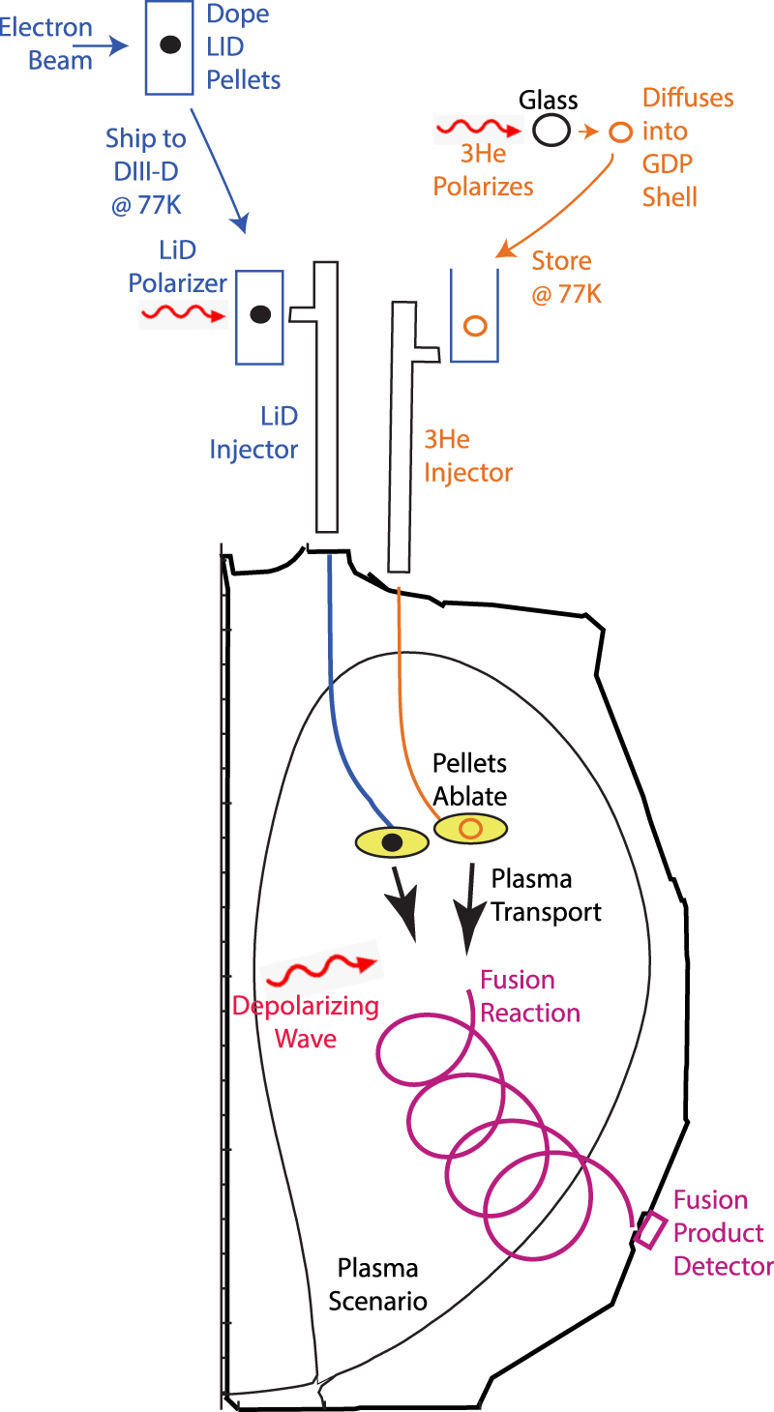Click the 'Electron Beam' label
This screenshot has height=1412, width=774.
pyautogui.click(x=46, y=44)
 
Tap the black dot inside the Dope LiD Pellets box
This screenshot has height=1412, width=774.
pyautogui.click(x=169, y=44)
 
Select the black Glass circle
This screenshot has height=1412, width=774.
pyautogui.click(x=551, y=129)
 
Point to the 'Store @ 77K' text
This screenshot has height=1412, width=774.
pyautogui.click(x=566, y=277)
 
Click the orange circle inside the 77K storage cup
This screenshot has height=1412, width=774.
pyautogui.click(x=474, y=325)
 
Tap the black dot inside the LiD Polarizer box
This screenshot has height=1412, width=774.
pyautogui.click(x=259, y=314)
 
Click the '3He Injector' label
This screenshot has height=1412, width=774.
pyautogui.click(x=468, y=456)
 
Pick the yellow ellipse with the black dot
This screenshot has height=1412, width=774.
pyautogui.click(x=391, y=842)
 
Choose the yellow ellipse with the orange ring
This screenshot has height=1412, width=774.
pyautogui.click(x=470, y=828)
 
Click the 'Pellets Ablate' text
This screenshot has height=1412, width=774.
pyautogui.click(x=469, y=780)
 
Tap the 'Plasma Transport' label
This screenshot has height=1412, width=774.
pyautogui.click(x=546, y=896)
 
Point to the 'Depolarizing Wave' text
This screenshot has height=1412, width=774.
pyautogui.click(x=305, y=1022)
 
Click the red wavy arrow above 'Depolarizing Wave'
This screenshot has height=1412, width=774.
pyautogui.click(x=320, y=967)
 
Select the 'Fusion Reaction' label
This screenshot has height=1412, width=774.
pyautogui.click(x=530, y=996)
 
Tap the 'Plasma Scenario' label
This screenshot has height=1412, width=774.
pyautogui.click(x=377, y=1283)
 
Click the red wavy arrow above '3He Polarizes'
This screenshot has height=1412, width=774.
pyautogui.click(x=476, y=127)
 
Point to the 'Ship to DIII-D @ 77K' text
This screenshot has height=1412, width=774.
pyautogui.click(x=146, y=172)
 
